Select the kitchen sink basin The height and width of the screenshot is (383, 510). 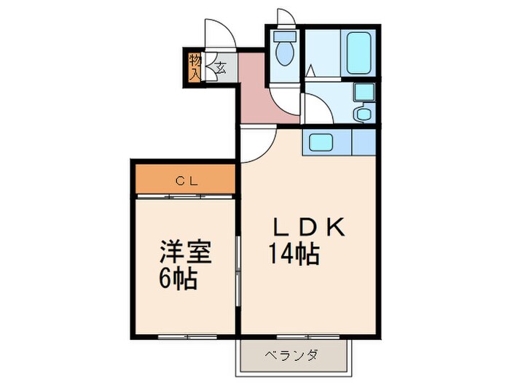(318, 142)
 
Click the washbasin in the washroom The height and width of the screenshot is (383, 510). (361, 115)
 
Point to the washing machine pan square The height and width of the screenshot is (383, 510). (362, 93)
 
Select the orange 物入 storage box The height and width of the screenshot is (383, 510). (195, 67)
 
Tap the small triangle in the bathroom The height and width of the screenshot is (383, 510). (310, 71)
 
